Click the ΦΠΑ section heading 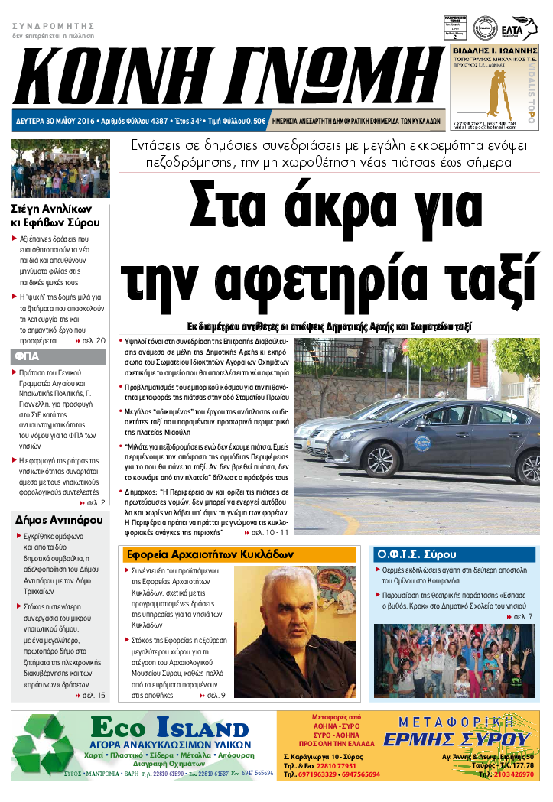27,356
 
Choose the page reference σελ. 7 522,615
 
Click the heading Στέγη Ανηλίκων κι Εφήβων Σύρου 55,216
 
